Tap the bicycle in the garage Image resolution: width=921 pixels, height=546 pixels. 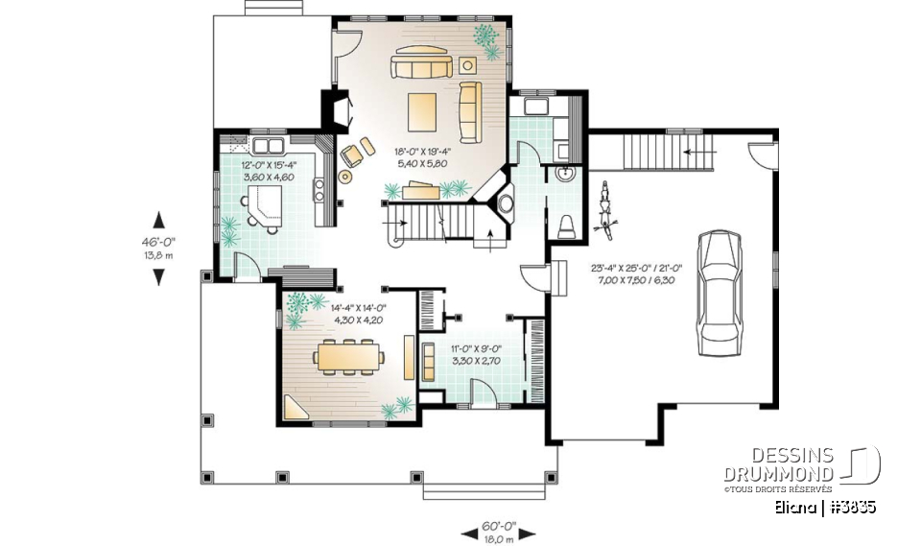coord(604,207)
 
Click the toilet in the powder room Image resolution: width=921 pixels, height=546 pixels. coord(567,226)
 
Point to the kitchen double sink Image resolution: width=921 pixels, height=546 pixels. coord(268,147)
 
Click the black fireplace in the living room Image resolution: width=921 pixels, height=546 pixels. coord(335,108)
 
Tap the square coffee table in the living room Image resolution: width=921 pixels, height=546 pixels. coord(422,110)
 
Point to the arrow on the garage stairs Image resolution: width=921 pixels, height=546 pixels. coord(697,151)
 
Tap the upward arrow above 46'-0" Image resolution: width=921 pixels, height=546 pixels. coord(159,219)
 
